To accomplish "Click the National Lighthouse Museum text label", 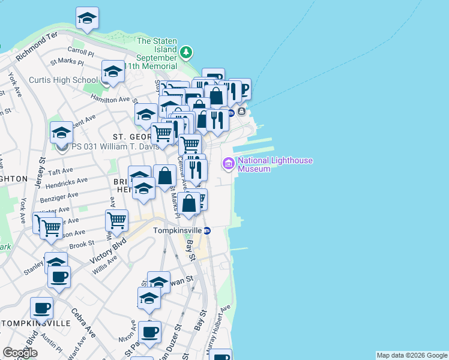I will [x=274, y=164].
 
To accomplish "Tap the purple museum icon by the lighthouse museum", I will [x=228, y=164].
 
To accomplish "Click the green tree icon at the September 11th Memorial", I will [x=187, y=52].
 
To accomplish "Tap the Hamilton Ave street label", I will [x=110, y=100].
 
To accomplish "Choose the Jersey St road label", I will [x=42, y=171].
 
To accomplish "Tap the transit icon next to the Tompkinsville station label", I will [x=207, y=230].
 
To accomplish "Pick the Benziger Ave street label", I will [x=59, y=196].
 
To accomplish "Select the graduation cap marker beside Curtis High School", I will [x=112, y=71].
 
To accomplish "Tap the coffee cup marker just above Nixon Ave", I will [x=149, y=331].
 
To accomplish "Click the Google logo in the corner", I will [x=20, y=353].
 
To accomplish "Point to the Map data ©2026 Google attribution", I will [x=412, y=355].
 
